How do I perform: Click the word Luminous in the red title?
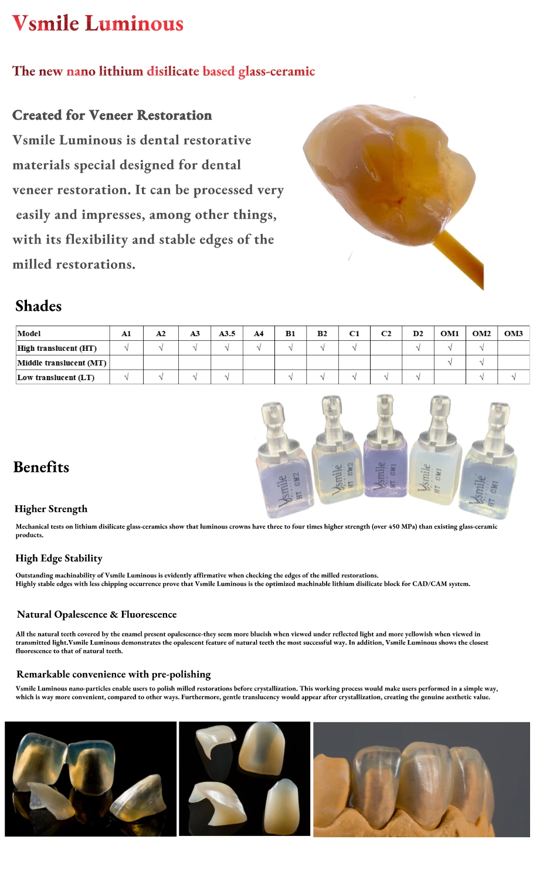pyautogui.click(x=134, y=24)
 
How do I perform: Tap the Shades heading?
pyautogui.click(x=39, y=306)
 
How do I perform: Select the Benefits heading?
pyautogui.click(x=41, y=468)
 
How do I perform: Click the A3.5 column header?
pyautogui.click(x=227, y=333)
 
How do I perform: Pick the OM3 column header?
pyautogui.click(x=513, y=333)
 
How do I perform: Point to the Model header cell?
pyautogui.click(x=29, y=333)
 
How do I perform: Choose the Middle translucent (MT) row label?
pyautogui.click(x=62, y=363)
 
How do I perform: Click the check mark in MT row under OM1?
pyautogui.click(x=450, y=363)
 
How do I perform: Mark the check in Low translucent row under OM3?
pyautogui.click(x=513, y=377)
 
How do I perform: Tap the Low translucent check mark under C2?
pyautogui.click(x=386, y=377)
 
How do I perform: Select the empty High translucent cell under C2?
pyautogui.click(x=386, y=348)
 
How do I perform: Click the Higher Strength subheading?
pyautogui.click(x=51, y=509)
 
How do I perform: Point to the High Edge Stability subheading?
pyautogui.click(x=59, y=559)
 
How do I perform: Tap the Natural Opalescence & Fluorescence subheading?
pyautogui.click(x=97, y=615)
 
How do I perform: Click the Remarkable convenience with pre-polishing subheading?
pyautogui.click(x=114, y=675)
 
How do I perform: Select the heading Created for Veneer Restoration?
pyautogui.click(x=112, y=116)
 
